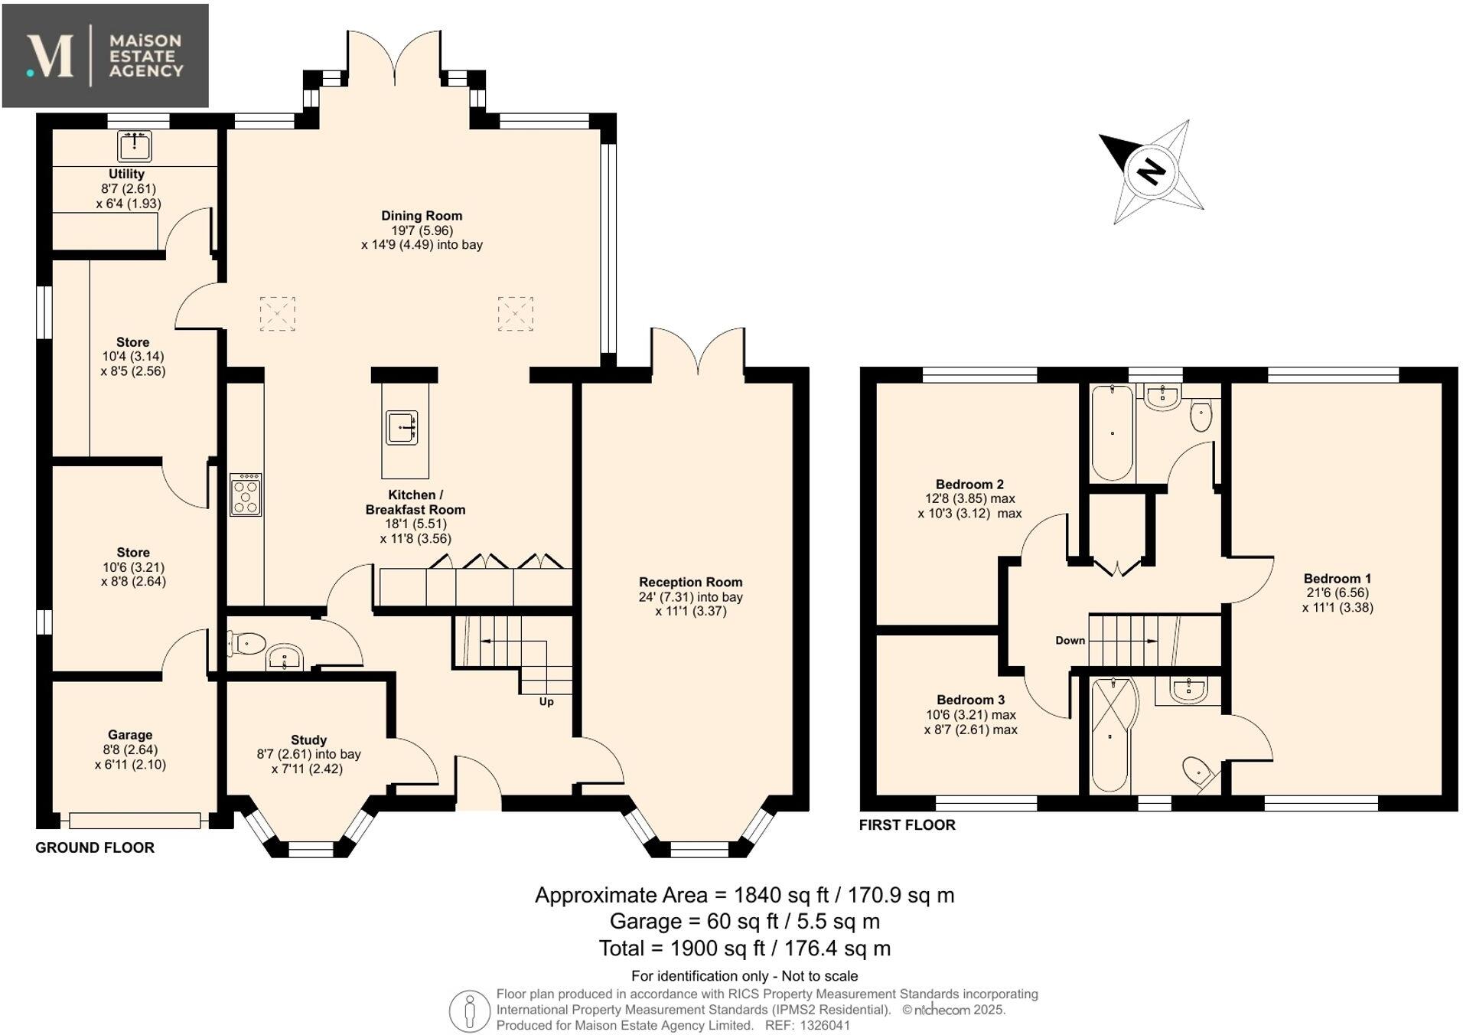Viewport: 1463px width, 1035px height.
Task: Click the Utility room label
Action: (126, 174)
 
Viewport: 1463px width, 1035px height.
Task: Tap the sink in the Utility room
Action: (135, 145)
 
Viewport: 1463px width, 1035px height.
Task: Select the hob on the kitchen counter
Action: (246, 494)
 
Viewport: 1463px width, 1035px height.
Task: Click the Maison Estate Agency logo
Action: (106, 56)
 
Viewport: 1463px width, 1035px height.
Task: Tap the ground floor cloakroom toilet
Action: (246, 643)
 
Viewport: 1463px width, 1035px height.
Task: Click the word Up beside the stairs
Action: (546, 701)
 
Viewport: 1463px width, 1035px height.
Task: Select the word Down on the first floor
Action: (1070, 640)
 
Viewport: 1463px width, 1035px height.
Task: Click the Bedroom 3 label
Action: (970, 700)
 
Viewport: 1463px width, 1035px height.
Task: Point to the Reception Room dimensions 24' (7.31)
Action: (690, 597)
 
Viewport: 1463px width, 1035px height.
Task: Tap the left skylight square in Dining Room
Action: (277, 314)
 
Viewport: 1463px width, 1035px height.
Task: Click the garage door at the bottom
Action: (135, 821)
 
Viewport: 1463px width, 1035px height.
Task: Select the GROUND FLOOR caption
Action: (95, 847)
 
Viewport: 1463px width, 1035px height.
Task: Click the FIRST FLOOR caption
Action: (907, 824)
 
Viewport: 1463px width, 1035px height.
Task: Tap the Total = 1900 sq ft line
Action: (744, 948)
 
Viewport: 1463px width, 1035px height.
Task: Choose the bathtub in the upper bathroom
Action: (1111, 433)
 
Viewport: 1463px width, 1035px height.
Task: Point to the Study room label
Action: (308, 740)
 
